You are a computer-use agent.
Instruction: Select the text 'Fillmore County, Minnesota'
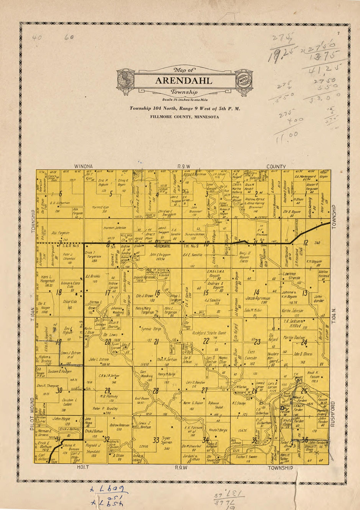click(x=185, y=117)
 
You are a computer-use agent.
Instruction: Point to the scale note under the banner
click(x=185, y=100)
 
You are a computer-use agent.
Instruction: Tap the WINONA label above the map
click(x=83, y=166)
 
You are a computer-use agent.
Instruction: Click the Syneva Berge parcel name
click(x=151, y=329)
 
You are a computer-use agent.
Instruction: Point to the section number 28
click(x=156, y=391)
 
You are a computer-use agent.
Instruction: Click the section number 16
click(x=157, y=293)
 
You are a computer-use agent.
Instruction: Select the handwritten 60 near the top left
click(x=69, y=38)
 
